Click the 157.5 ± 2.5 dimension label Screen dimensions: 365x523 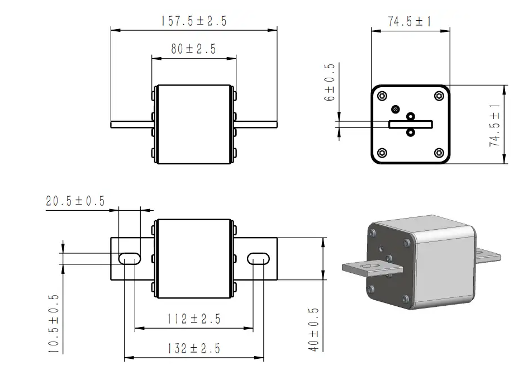[x=194, y=21]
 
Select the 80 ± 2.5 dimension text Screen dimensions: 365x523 [x=193, y=49]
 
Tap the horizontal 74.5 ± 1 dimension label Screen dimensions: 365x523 [x=410, y=22]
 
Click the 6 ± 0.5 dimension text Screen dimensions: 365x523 [x=329, y=82]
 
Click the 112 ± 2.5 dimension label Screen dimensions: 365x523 [x=194, y=319]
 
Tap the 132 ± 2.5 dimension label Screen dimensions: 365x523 [x=194, y=349]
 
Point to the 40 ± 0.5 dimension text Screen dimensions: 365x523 [x=313, y=330]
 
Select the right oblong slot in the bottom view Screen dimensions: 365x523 [x=258, y=258]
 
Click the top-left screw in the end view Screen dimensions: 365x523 [x=382, y=96]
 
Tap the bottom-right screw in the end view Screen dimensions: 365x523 [x=439, y=153]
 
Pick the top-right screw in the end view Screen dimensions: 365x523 [x=439, y=96]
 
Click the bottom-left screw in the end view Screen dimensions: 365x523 [x=382, y=153]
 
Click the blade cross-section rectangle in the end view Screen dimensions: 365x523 [x=410, y=124]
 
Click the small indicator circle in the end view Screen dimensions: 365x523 [x=396, y=108]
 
